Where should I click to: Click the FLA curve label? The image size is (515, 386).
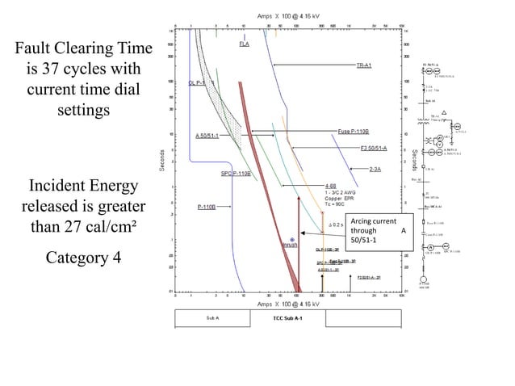(x=244, y=44)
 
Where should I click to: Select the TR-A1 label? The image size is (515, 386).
(x=363, y=65)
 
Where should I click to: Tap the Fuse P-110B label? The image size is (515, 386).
(x=353, y=131)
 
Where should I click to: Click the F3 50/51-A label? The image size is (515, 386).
(x=374, y=149)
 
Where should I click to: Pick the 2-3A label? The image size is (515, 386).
(x=375, y=170)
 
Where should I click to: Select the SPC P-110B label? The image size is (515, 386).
(x=236, y=173)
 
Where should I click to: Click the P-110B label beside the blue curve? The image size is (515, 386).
(x=207, y=207)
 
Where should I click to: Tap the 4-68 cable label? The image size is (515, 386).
(x=331, y=185)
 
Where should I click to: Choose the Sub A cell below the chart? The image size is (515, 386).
(x=214, y=319)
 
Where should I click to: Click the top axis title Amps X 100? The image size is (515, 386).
(x=288, y=15)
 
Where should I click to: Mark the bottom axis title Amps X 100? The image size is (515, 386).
(x=288, y=304)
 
